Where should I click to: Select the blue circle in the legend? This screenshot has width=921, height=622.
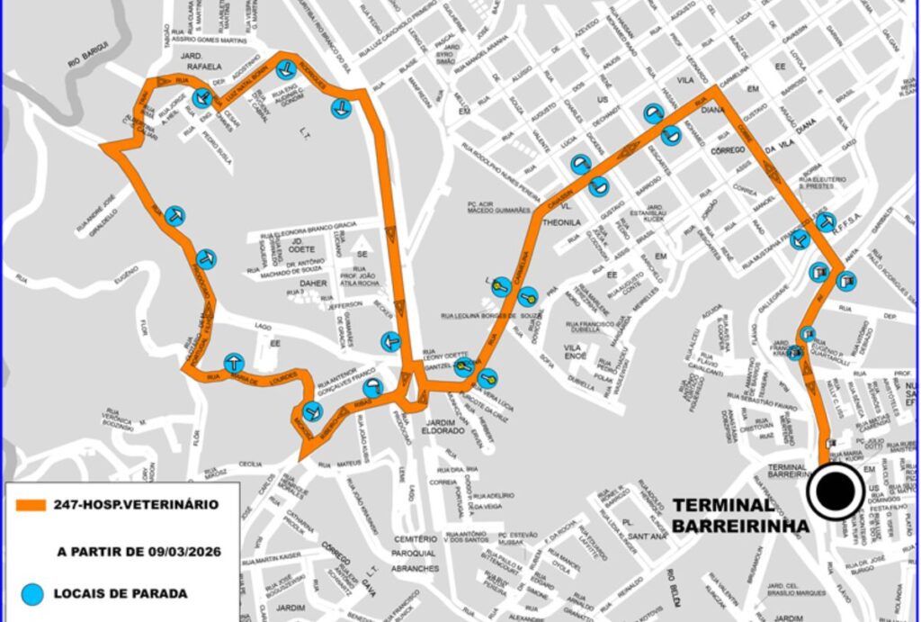click(33, 592)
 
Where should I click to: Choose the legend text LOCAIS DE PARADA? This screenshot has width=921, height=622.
click(133, 593)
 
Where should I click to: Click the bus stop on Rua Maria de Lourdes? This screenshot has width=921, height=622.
click(234, 362)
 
